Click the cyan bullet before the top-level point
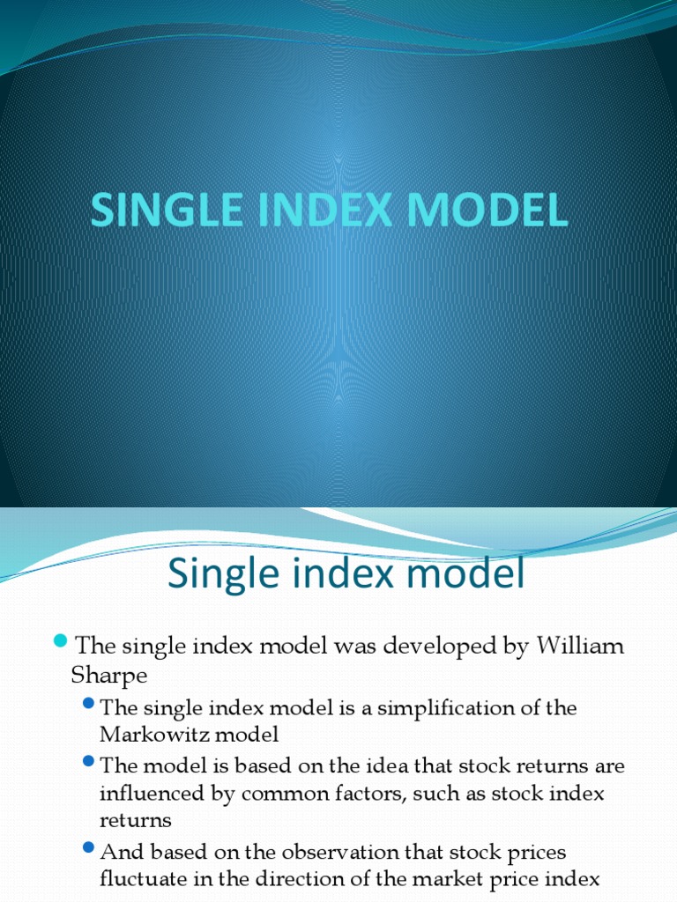click(61, 640)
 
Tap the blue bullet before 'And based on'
click(88, 847)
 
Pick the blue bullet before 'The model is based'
click(88, 761)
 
